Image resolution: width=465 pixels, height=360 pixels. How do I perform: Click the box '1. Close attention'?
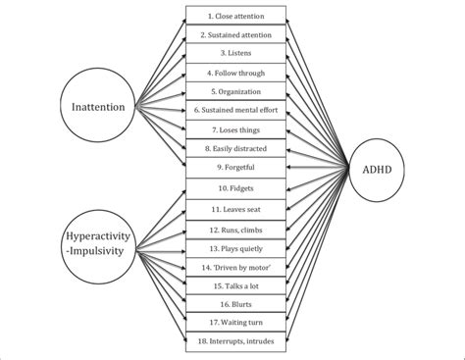pyautogui.click(x=235, y=17)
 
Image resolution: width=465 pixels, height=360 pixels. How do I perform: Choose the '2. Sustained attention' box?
pyautogui.click(x=235, y=35)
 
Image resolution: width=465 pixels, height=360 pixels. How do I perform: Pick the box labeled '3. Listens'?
pyautogui.click(x=235, y=54)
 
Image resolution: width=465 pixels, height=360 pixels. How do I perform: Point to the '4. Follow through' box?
pyautogui.click(x=235, y=73)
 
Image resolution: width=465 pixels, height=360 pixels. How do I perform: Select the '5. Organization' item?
pyautogui.click(x=235, y=91)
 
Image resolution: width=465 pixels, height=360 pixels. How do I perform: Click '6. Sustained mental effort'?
pyautogui.click(x=235, y=110)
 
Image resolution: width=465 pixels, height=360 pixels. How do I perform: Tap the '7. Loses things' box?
pyautogui.click(x=235, y=129)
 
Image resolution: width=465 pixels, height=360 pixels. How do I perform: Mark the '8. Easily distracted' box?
pyautogui.click(x=235, y=148)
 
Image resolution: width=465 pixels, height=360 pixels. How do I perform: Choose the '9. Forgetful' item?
pyautogui.click(x=235, y=167)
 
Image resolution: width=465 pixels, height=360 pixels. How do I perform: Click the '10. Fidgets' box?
pyautogui.click(x=235, y=186)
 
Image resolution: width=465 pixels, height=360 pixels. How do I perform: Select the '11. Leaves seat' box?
pyautogui.click(x=235, y=209)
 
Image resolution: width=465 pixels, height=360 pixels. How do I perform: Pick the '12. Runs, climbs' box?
pyautogui.click(x=235, y=229)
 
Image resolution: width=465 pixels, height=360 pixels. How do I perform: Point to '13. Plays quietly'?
pyautogui.click(x=235, y=247)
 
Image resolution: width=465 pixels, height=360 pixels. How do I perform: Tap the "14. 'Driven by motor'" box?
pyautogui.click(x=235, y=266)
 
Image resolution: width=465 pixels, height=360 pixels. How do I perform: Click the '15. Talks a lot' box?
pyautogui.click(x=235, y=284)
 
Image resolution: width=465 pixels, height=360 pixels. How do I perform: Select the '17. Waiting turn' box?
pyautogui.click(x=235, y=322)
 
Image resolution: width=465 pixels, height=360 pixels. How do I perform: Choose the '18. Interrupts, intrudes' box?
pyautogui.click(x=235, y=340)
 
